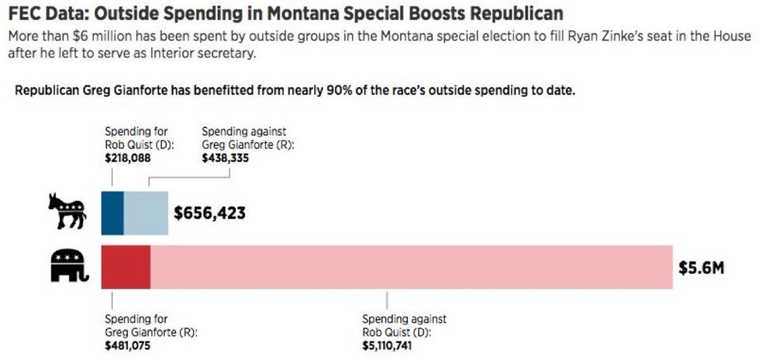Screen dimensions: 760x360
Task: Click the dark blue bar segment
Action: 112,213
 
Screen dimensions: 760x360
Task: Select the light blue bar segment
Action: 146,213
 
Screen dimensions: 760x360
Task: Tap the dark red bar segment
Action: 126,268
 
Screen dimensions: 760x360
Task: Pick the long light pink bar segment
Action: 412,268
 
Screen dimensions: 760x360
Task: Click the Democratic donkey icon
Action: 67,211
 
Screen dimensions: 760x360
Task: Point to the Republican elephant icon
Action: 70,266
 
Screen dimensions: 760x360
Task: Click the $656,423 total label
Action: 209,213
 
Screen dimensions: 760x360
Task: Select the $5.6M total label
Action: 701,268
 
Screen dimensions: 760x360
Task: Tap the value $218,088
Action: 128,158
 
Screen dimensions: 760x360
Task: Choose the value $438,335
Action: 226,158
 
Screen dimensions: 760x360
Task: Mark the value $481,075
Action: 128,345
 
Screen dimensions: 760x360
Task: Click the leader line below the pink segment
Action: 387,300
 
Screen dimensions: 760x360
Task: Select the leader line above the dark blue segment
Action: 112,177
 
